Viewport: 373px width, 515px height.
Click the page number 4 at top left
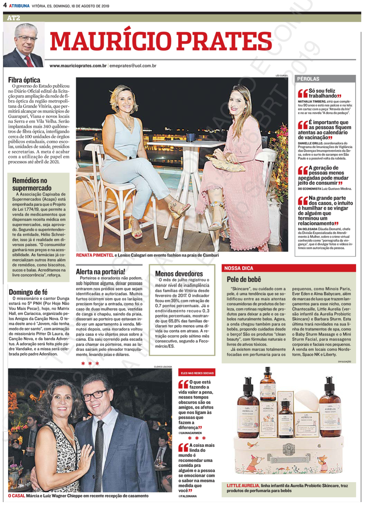[x=5, y=5]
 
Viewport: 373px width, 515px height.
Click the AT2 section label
[x=14, y=18]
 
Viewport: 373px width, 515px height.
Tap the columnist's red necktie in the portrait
[x=29, y=61]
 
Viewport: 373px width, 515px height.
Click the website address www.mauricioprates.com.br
[x=78, y=66]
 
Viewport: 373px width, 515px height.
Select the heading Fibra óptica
[x=24, y=80]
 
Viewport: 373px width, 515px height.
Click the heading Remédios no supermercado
[x=31, y=184]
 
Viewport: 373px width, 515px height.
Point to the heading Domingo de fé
[x=28, y=292]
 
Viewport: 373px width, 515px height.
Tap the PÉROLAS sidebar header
[x=308, y=79]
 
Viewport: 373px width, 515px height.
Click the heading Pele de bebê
[x=244, y=279]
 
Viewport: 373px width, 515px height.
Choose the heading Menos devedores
[x=179, y=274]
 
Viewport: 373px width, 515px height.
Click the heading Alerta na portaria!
[x=100, y=272]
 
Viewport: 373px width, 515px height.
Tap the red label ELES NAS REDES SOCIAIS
[x=197, y=373]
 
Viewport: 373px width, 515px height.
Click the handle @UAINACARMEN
[x=190, y=433]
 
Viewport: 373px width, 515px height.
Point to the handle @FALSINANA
[x=187, y=496]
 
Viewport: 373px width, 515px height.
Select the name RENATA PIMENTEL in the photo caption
[x=95, y=255]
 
